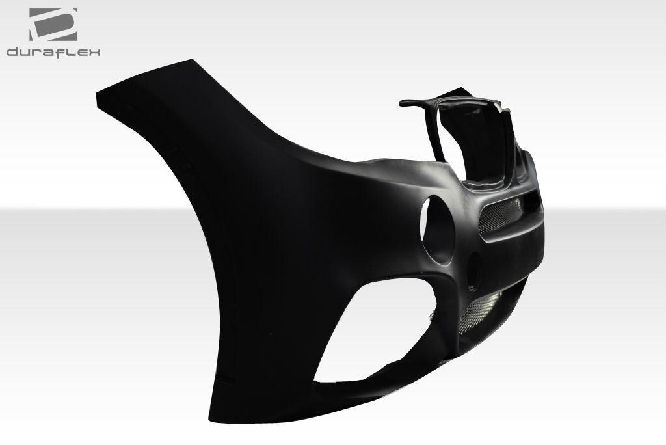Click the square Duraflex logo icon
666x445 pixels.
click(x=53, y=25)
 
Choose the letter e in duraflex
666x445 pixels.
click(x=82, y=53)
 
